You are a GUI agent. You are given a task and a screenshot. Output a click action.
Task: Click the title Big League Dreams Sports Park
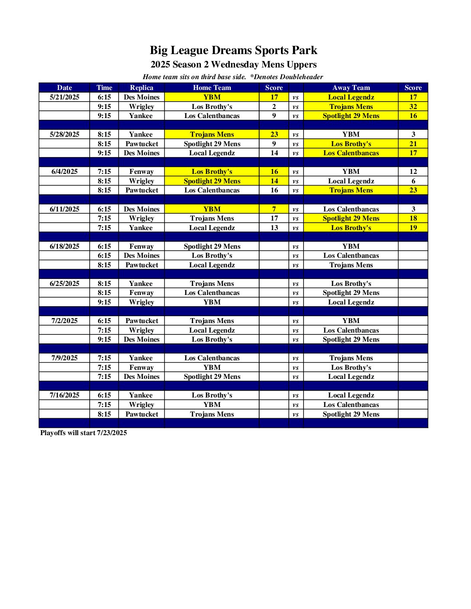pos(233,51)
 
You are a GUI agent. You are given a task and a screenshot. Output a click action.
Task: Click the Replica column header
pos(142,87)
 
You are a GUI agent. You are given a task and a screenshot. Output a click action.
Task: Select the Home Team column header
pos(212,87)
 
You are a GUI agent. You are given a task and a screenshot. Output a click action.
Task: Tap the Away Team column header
pos(351,87)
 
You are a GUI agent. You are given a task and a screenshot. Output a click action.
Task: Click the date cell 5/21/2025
pos(65,97)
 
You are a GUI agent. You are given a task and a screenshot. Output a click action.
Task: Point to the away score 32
pos(413,106)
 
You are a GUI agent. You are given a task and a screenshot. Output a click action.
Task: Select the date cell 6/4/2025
pos(65,172)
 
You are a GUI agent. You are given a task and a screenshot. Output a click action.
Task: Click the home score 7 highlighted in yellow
pos(274,209)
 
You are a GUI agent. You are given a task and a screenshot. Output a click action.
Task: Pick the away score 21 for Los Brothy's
pos(413,144)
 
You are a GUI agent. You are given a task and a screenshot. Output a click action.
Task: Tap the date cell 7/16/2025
pos(65,395)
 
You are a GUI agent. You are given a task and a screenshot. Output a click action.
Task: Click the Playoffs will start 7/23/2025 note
pos(84,433)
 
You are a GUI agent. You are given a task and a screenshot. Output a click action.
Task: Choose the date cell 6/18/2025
pos(65,247)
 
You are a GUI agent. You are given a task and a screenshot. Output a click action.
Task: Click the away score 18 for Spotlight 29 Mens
pos(413,218)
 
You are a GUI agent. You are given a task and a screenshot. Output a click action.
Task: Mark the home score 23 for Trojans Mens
pos(274,135)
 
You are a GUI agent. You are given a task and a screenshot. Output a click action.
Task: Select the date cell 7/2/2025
pos(65,321)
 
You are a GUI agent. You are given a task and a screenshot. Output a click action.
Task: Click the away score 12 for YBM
pos(413,172)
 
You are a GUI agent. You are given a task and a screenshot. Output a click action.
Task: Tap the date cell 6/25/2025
pos(65,284)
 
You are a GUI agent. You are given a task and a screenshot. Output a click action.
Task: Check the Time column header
pos(104,87)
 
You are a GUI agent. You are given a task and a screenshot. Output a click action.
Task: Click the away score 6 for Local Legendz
pos(413,181)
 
